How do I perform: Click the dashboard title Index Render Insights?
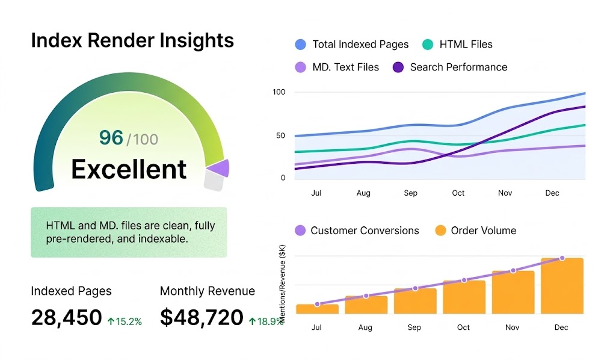(x=132, y=41)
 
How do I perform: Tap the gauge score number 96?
(x=111, y=138)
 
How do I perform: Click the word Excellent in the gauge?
(x=129, y=169)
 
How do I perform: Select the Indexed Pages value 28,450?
(x=66, y=317)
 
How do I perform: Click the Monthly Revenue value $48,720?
(x=202, y=317)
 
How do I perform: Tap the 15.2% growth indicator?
(x=125, y=321)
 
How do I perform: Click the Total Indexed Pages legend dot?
(x=301, y=45)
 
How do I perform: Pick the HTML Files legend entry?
(x=458, y=45)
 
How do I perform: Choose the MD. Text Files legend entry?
(x=337, y=67)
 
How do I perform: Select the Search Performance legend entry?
(x=450, y=67)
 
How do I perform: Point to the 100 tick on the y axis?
(x=279, y=92)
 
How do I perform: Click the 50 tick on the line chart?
(x=280, y=135)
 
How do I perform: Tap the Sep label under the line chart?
(x=410, y=193)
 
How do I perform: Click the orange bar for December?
(x=562, y=286)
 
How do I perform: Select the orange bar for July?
(x=317, y=309)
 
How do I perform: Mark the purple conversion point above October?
(x=464, y=280)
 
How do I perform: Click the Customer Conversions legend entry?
(x=357, y=231)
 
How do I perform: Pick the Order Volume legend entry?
(x=475, y=231)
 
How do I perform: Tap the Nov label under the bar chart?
(x=512, y=327)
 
